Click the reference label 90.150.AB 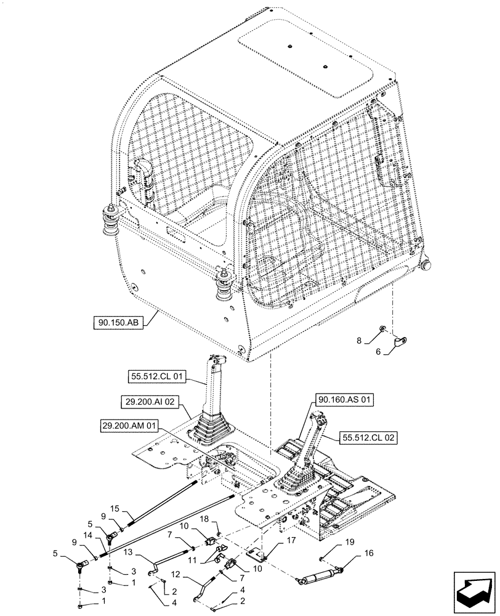119,322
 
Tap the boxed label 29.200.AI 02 149,401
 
